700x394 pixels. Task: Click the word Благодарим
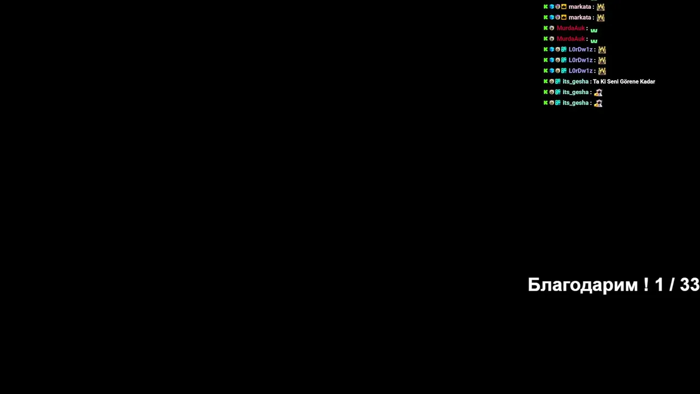coord(583,285)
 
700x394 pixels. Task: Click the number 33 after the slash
coord(690,285)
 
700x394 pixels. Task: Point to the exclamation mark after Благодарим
coord(646,285)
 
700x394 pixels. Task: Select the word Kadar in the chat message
coord(647,82)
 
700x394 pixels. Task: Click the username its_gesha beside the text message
coord(575,82)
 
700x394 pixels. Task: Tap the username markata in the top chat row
coord(580,7)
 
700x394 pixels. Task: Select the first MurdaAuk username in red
coord(570,28)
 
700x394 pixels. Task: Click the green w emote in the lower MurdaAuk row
coord(594,41)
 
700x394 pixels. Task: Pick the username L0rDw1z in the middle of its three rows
coord(580,60)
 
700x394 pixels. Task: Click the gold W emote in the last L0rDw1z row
coord(602,71)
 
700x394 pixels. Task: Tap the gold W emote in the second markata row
coord(600,18)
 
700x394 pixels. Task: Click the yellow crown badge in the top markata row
coord(564,7)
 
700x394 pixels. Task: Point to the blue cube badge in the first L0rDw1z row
coord(552,49)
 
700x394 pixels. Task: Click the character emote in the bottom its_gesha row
coord(598,103)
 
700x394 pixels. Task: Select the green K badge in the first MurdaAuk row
coord(546,28)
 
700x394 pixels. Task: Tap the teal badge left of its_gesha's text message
coord(558,82)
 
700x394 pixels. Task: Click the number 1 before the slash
coord(659,285)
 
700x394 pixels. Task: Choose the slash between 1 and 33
coord(672,285)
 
